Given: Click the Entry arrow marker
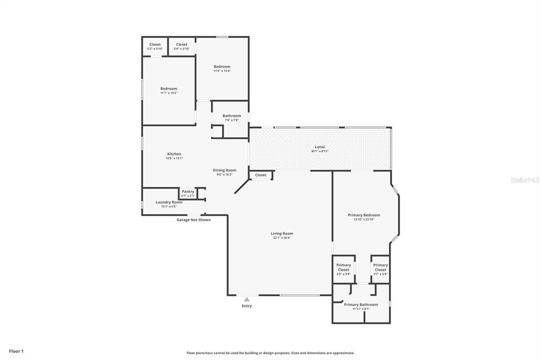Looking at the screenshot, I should [x=247, y=299].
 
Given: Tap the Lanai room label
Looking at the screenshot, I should [x=320, y=147].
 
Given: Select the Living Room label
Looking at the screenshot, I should [x=282, y=233].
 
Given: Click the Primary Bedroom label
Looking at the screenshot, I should [x=363, y=215].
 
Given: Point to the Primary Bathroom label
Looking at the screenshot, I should [x=361, y=305].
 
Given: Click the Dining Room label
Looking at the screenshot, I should [x=225, y=170].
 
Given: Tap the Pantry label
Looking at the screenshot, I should [x=188, y=192].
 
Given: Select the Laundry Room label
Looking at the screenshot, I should [x=169, y=202].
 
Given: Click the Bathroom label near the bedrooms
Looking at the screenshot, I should [x=231, y=116].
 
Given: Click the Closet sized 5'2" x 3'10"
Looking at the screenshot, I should [x=155, y=45].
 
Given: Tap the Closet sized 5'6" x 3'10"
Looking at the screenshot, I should [x=182, y=45].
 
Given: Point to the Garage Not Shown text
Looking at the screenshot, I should [x=193, y=220].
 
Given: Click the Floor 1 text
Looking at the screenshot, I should [x=16, y=351].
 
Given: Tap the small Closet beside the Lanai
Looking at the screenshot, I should [x=261, y=175].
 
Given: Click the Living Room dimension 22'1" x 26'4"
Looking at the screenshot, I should [x=282, y=238].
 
